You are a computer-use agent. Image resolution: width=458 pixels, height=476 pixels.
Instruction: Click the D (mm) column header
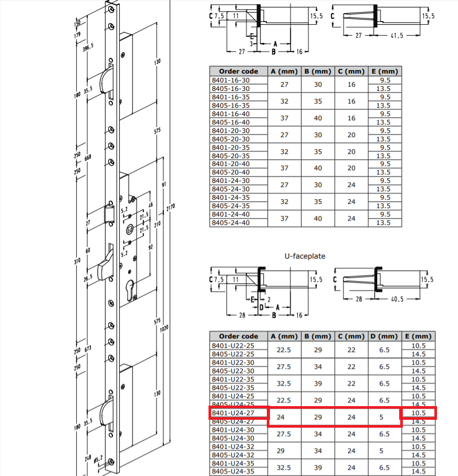pos(384,336)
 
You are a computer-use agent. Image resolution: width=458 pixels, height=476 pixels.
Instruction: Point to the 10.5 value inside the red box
pos(419,413)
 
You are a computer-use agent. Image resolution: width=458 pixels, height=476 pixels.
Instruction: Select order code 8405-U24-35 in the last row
pos(232,472)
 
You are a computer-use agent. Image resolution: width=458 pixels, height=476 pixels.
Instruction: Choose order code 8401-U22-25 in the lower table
pos(232,346)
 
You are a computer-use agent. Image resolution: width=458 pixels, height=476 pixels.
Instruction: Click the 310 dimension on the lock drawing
pos(78,261)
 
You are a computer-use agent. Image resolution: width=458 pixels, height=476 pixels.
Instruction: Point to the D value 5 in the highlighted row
pos(384,418)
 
